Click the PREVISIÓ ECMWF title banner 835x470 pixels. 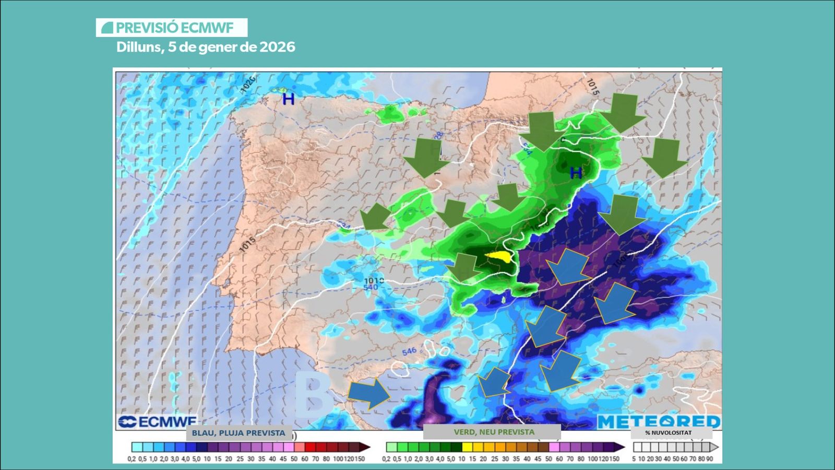[171, 28]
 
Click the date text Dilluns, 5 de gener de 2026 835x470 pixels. [206, 47]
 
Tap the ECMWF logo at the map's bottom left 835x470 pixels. [157, 421]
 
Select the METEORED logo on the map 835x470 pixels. [659, 421]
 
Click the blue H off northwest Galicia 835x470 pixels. [288, 99]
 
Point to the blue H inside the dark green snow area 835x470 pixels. [576, 173]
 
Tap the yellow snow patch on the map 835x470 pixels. [499, 256]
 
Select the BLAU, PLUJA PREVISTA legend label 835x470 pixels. [238, 433]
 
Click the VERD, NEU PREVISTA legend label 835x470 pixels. [494, 432]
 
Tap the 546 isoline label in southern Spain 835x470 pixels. [409, 351]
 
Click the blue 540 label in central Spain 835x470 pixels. [371, 288]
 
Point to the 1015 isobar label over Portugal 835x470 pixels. [247, 244]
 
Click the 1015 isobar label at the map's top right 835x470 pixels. [592, 87]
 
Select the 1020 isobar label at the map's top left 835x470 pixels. [248, 84]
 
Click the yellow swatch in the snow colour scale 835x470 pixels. [467, 448]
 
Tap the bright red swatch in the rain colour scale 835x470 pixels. [310, 448]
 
